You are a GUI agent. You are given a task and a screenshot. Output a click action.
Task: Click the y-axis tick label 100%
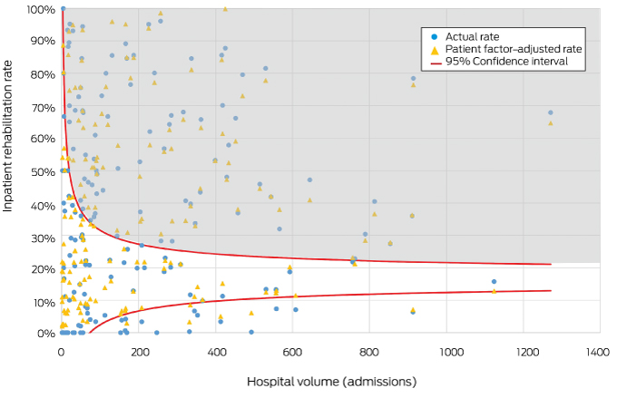(x=40, y=9)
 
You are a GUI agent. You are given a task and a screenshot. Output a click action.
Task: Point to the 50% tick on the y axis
(x=43, y=171)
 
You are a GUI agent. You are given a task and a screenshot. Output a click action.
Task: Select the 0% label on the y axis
(x=46, y=334)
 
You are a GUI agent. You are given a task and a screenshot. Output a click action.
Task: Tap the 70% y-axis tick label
(x=43, y=106)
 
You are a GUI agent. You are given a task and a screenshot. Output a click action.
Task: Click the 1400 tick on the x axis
(x=599, y=351)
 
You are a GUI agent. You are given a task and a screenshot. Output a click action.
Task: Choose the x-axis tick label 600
(x=293, y=351)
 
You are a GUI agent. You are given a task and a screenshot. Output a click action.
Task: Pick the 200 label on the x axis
(x=139, y=351)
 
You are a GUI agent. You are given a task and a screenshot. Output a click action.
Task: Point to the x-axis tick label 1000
(x=446, y=351)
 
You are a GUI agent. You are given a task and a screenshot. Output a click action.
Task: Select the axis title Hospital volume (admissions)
(x=331, y=382)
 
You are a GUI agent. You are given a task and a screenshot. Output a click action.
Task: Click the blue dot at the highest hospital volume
(x=551, y=112)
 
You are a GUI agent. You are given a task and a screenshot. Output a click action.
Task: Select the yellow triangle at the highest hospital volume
(x=551, y=122)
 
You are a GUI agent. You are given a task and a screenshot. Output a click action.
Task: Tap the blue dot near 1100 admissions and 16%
(x=494, y=281)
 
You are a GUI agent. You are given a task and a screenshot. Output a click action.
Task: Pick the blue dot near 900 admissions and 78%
(x=413, y=78)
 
